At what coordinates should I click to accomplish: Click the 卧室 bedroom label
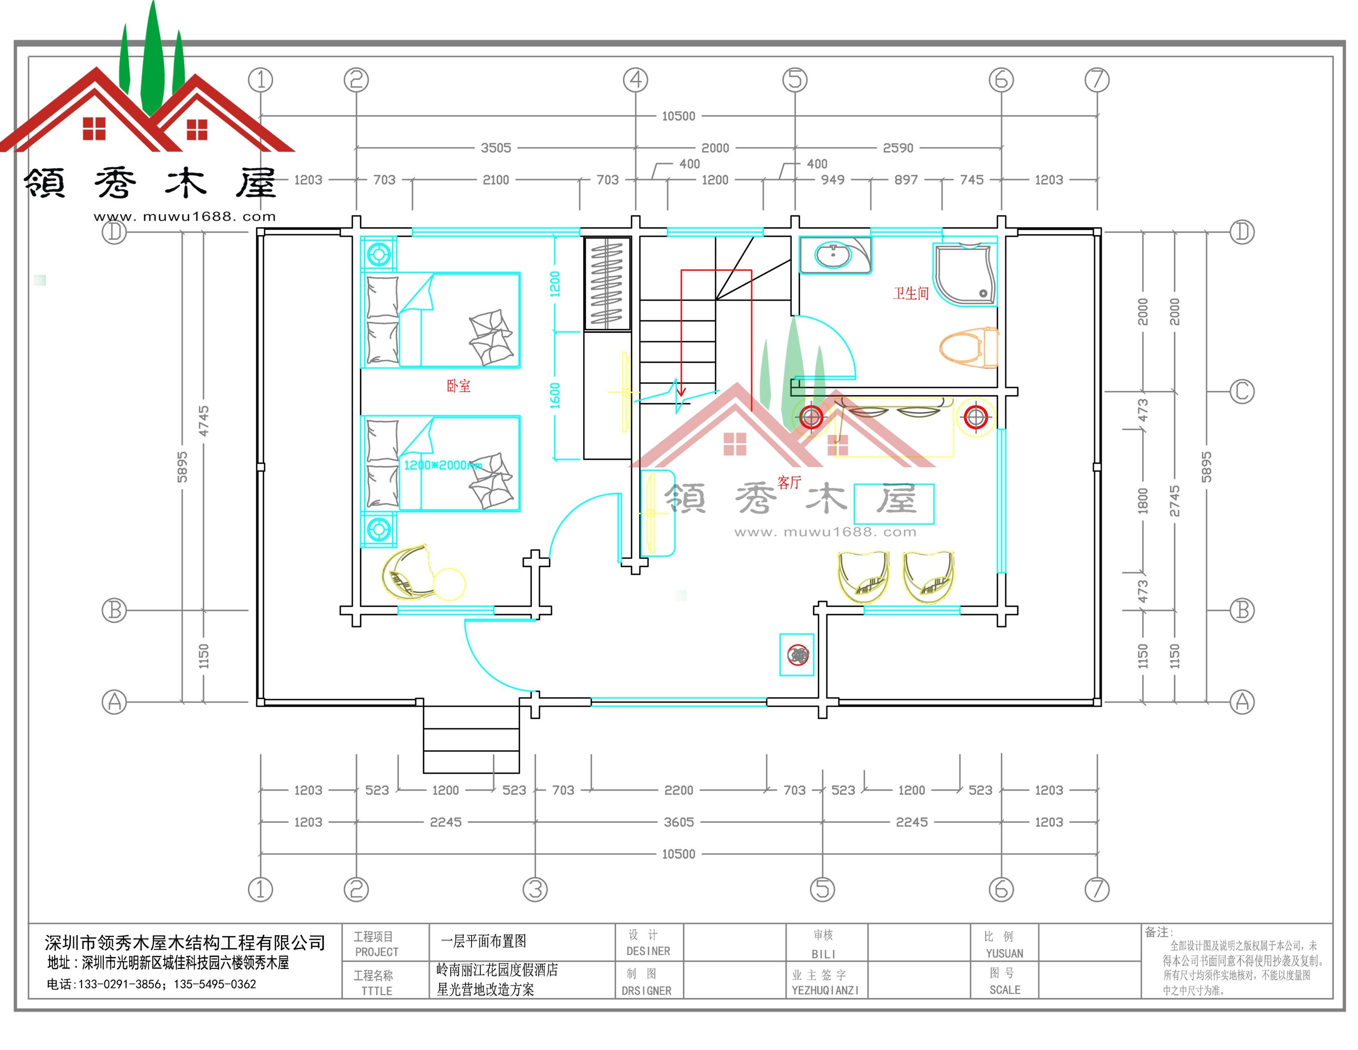458,386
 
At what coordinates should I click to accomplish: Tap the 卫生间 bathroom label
911,294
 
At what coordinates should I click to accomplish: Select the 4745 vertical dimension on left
203,420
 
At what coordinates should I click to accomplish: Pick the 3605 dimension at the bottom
678,822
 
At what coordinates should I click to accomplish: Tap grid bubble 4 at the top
635,79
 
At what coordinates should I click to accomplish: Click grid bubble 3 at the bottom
535,889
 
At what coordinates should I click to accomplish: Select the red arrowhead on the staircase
681,391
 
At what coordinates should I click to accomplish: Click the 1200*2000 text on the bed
442,465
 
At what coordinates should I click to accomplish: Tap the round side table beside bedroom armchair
449,584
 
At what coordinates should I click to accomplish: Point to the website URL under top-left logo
185,217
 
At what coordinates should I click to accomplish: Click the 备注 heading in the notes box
1158,932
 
